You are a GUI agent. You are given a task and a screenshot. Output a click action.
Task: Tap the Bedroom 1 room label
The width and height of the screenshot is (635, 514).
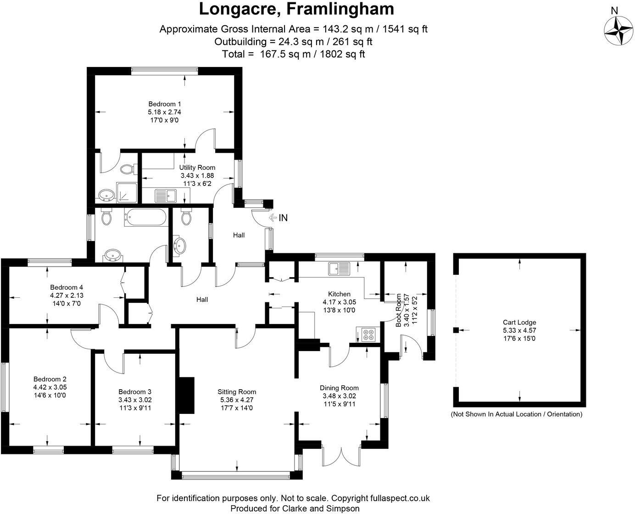(161, 104)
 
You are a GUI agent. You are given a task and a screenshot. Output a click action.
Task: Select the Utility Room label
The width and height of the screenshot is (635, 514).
(197, 168)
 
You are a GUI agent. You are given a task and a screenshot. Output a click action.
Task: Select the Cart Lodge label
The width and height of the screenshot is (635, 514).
(519, 322)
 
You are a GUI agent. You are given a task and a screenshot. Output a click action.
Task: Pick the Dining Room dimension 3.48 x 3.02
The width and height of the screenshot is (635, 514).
(339, 396)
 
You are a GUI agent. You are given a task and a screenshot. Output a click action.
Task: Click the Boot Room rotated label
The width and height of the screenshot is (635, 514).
(398, 310)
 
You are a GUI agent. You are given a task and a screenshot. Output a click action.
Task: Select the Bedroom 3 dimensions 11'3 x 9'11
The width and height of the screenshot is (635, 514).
(134, 408)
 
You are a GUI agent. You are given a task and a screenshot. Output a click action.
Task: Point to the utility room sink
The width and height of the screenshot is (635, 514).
(166, 196)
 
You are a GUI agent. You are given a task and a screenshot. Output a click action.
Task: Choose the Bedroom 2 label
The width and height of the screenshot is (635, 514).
(50, 379)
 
